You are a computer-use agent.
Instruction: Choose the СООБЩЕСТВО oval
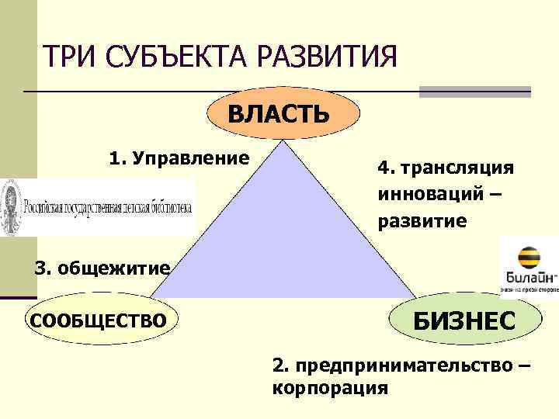point(98,320)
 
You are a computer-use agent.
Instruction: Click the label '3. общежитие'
point(102,269)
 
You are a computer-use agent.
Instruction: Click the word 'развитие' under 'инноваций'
point(422,220)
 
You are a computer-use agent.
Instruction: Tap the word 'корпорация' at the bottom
point(331,387)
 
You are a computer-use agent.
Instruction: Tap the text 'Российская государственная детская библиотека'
point(107,208)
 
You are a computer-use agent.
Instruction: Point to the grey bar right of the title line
point(474,92)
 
